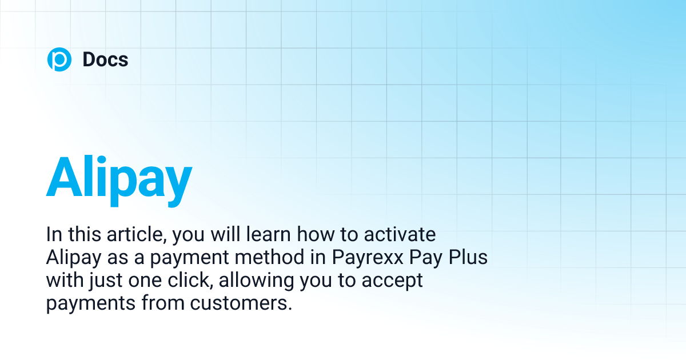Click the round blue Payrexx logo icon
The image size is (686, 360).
[x=59, y=59]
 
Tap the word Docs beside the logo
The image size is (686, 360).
[x=105, y=59]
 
